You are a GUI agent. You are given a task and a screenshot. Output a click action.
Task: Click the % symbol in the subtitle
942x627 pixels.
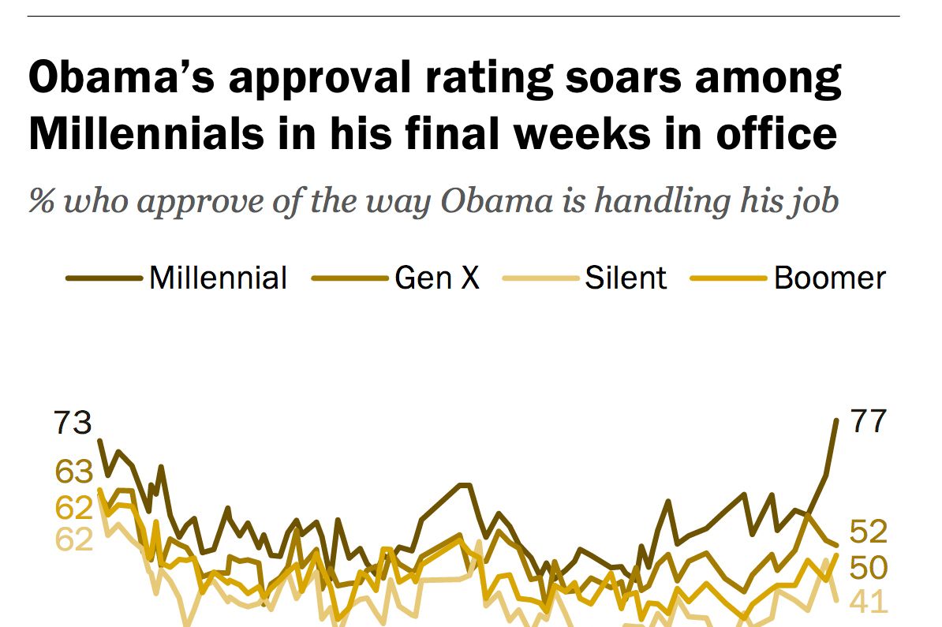[x=41, y=201]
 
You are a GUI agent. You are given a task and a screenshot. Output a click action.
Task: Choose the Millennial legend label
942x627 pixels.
[x=218, y=278]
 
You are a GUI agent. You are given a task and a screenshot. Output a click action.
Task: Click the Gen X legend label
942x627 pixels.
[x=437, y=278]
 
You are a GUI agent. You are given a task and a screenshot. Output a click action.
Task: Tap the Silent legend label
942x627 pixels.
[x=626, y=278]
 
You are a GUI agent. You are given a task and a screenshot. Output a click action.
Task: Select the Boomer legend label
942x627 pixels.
[x=829, y=278]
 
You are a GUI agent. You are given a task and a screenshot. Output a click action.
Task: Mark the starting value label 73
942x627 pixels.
[x=73, y=424]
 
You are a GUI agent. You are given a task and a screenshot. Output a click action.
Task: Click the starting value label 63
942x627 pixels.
[x=73, y=472]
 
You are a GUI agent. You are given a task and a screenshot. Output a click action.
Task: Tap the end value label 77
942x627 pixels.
[x=869, y=422]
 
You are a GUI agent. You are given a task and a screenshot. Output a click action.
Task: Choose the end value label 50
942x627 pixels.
[x=869, y=567]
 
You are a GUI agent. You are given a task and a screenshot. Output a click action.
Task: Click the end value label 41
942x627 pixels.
[x=869, y=602]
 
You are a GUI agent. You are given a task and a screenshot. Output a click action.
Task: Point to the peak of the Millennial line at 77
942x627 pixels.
[x=835, y=420]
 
